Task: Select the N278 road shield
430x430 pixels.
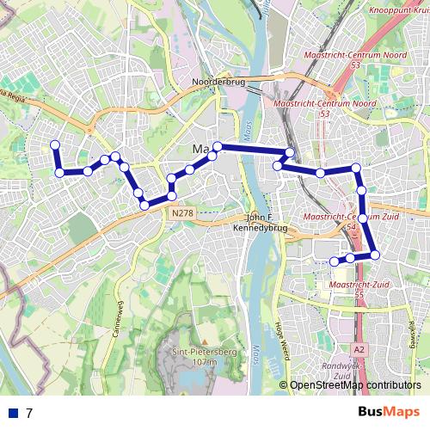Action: (x=181, y=212)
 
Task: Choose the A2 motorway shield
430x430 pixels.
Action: (x=359, y=349)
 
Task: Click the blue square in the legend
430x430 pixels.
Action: (x=14, y=413)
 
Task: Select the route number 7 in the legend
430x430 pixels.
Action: (x=29, y=413)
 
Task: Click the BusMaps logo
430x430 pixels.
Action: (x=389, y=412)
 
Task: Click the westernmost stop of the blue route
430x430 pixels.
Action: (x=54, y=145)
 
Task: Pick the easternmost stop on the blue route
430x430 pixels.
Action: (x=376, y=254)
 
